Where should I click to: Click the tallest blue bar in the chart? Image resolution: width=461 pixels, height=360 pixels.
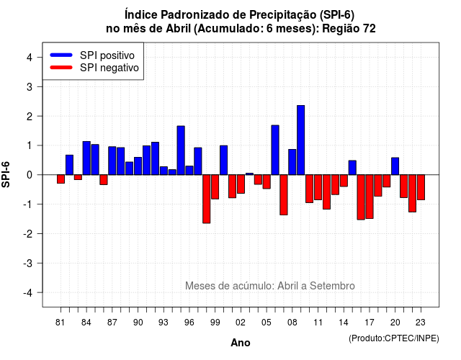click(x=301, y=140)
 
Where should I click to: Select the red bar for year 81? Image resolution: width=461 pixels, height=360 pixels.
click(x=61, y=179)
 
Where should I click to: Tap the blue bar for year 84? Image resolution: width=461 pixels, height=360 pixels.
click(x=86, y=158)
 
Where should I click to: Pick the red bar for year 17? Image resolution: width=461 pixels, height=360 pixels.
click(x=370, y=197)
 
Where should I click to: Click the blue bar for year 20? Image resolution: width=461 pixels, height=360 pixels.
click(x=395, y=166)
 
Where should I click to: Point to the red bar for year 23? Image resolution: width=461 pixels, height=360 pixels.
click(x=421, y=187)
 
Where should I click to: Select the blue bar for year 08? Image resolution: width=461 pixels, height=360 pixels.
click(x=292, y=162)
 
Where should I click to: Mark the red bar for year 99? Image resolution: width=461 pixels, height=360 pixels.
click(x=215, y=187)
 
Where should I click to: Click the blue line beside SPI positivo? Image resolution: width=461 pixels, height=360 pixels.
click(x=61, y=55)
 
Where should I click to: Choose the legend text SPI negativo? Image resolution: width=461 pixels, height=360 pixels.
click(x=109, y=68)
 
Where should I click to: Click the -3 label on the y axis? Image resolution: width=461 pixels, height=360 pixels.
click(x=28, y=264)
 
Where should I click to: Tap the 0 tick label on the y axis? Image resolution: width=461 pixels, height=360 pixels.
click(x=30, y=175)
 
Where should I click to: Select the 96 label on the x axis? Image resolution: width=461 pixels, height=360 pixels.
click(x=189, y=323)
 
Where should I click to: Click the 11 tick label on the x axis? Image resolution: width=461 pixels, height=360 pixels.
click(x=318, y=323)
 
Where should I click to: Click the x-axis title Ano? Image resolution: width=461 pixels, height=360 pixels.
click(x=241, y=343)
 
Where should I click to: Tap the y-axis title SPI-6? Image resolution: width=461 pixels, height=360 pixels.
click(x=6, y=174)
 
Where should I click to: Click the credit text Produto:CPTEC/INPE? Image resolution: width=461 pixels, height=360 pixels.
click(x=394, y=338)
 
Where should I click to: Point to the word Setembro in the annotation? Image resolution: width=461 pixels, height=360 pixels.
click(x=332, y=286)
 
